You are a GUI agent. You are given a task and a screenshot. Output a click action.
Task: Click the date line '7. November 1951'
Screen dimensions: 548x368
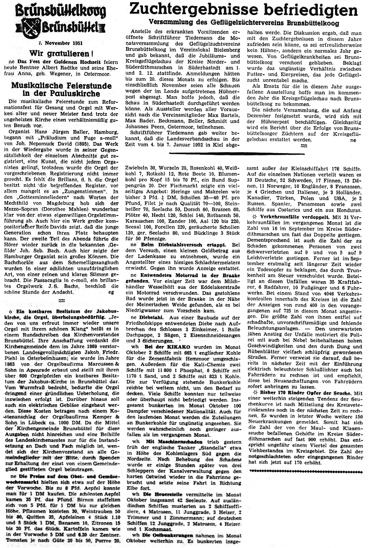[61, 43]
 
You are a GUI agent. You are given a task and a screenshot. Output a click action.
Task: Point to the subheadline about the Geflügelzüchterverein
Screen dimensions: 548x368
[244, 23]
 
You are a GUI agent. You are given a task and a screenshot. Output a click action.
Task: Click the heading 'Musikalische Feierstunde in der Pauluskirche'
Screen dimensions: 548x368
[61, 90]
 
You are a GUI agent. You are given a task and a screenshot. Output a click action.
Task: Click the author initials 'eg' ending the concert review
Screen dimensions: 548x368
[112, 292]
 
